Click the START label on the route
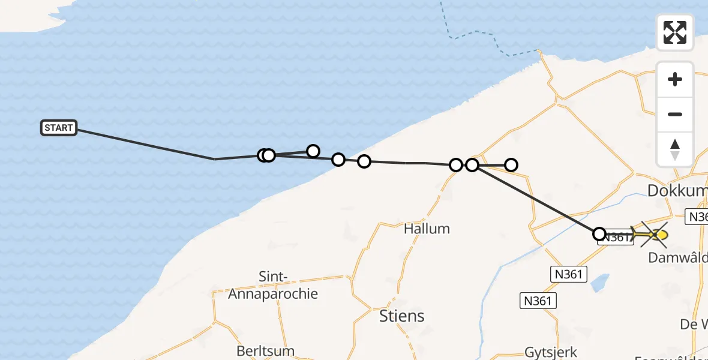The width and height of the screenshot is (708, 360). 59,128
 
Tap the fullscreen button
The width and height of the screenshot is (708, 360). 675,32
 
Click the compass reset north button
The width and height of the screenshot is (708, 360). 675,149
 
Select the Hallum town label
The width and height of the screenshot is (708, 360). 427,229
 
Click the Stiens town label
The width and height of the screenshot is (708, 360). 402,316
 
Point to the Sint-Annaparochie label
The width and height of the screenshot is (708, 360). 273,286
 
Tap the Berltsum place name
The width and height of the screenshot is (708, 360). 265,351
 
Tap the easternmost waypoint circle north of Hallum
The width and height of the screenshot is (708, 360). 511,164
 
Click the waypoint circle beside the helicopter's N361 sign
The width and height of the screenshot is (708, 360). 599,233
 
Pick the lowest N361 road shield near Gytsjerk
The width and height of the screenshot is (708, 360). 537,301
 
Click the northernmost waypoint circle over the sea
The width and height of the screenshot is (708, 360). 313,151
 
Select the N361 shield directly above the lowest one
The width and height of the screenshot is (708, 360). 567,274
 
